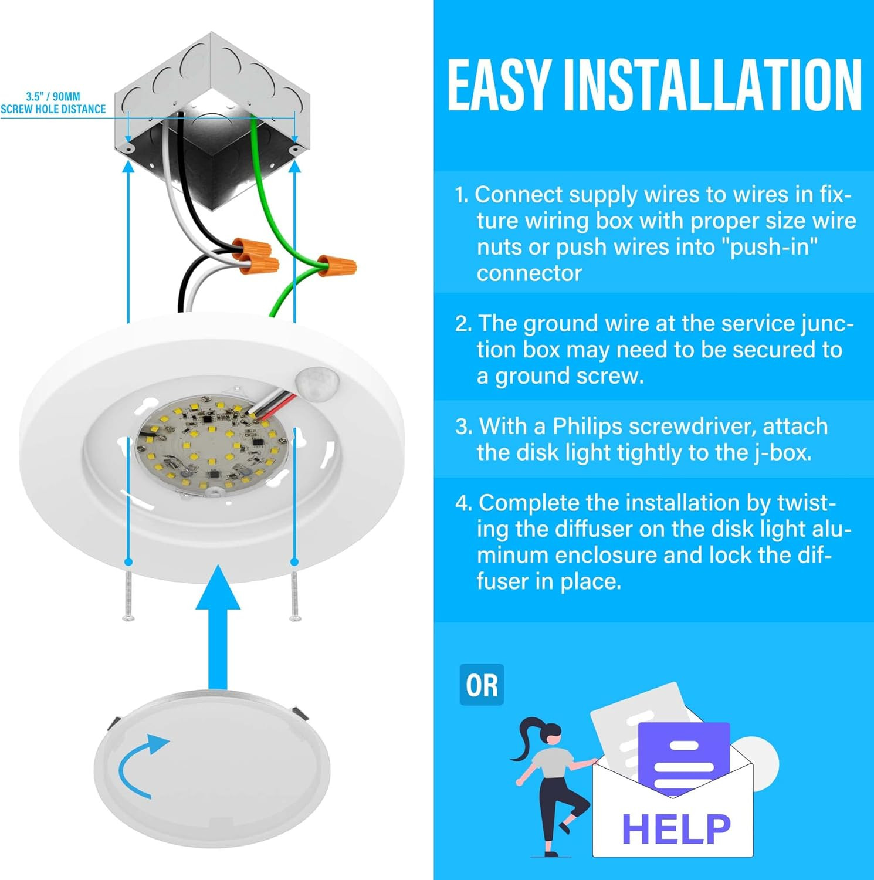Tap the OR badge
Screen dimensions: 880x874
tap(482, 685)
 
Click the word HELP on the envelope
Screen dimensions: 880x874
tap(676, 829)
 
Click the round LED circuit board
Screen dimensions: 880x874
tap(213, 446)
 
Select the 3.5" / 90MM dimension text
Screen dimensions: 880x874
tap(53, 96)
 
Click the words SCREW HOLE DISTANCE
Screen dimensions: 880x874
tap(53, 109)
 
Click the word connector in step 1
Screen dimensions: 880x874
tap(529, 273)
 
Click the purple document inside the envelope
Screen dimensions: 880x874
tap(683, 757)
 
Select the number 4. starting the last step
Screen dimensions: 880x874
tap(463, 503)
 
